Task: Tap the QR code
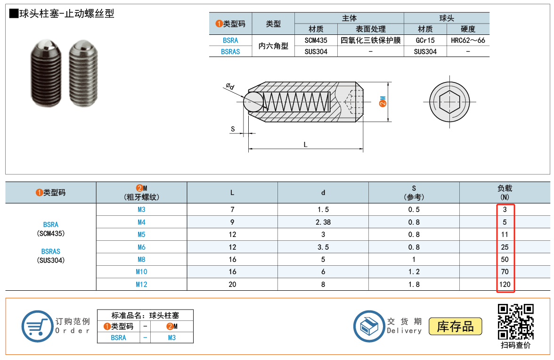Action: click(516, 322)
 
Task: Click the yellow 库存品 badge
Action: click(455, 327)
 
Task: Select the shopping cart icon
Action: click(37, 326)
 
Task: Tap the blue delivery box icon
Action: click(369, 326)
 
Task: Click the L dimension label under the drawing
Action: click(306, 145)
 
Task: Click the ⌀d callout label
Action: click(230, 86)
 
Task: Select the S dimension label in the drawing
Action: click(233, 129)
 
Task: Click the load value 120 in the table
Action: click(505, 284)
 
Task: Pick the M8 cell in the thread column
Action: click(141, 259)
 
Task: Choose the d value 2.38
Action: click(323, 222)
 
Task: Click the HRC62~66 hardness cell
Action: click(468, 41)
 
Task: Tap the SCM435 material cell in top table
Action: click(316, 41)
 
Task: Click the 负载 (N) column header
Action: click(505, 192)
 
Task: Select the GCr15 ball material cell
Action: click(425, 41)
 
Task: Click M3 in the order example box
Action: click(171, 337)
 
